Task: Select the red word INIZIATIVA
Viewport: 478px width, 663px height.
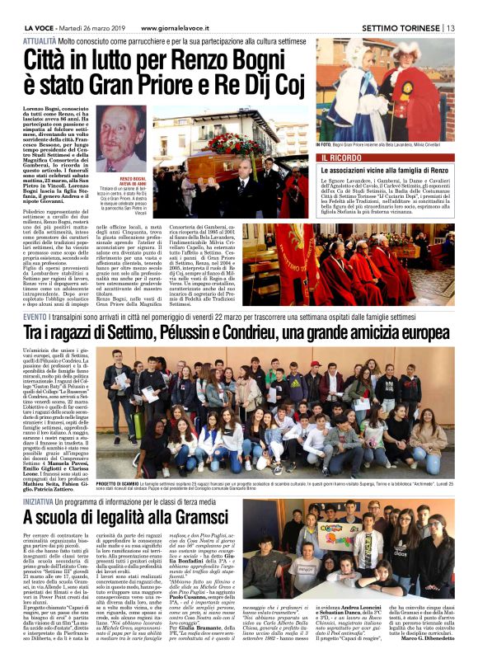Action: tap(40, 501)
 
